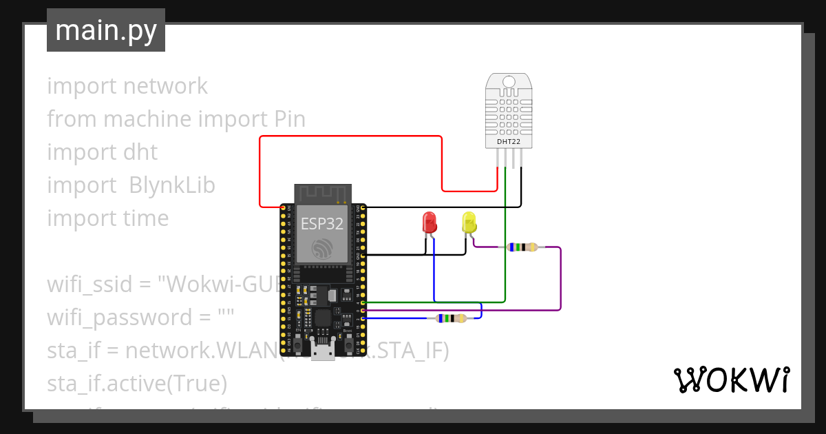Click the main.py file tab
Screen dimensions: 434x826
tap(105, 30)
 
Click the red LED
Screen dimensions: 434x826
tap(430, 223)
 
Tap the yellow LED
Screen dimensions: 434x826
tap(469, 223)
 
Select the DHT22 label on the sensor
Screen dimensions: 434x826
tap(509, 142)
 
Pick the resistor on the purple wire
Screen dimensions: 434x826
tap(521, 247)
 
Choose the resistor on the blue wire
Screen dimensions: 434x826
tap(447, 318)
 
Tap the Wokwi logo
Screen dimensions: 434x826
tap(730, 380)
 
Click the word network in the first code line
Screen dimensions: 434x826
tap(165, 86)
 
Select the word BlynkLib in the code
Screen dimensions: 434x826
tap(172, 185)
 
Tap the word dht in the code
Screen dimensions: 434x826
tap(140, 152)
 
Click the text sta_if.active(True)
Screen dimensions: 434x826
tap(137, 382)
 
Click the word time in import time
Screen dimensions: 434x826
tap(145, 218)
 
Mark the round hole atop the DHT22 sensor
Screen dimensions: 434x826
tap(509, 83)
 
